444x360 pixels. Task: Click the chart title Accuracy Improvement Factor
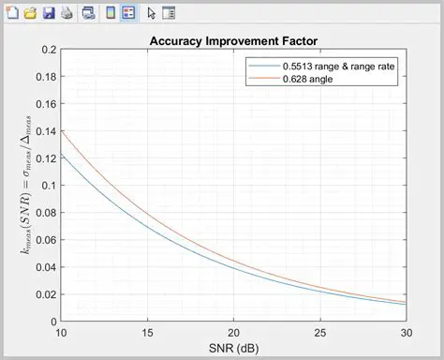[232, 41]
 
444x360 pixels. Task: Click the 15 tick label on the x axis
[147, 334]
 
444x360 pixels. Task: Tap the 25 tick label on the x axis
[320, 334]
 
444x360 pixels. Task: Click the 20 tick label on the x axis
[233, 334]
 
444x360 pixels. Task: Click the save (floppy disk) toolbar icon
[49, 13]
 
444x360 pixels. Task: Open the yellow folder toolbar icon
[31, 13]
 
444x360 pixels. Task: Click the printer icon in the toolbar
[67, 13]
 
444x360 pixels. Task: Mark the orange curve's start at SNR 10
[61, 130]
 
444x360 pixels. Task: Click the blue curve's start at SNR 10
[61, 154]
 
